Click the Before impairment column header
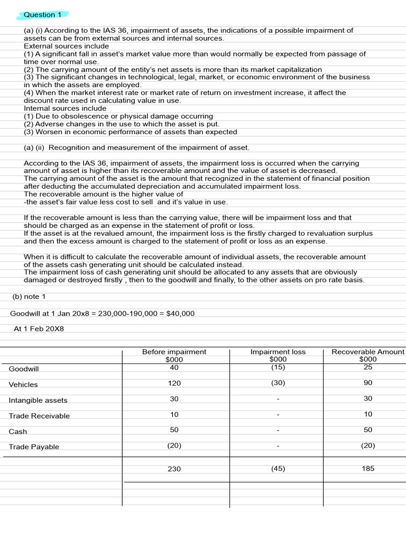pyautogui.click(x=174, y=352)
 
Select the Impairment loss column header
pyautogui.click(x=278, y=352)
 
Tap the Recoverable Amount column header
pyautogui.click(x=367, y=352)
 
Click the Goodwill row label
pyautogui.click(x=24, y=369)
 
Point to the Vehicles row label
pyautogui.click(x=23, y=385)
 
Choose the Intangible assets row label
pyautogui.click(x=38, y=400)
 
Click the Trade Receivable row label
pyautogui.click(x=39, y=416)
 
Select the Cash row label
pyautogui.click(x=18, y=432)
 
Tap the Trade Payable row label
pyautogui.click(x=34, y=447)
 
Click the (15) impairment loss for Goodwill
pyautogui.click(x=278, y=367)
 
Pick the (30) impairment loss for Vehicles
pyautogui.click(x=278, y=383)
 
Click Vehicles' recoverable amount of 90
pyautogui.click(x=368, y=383)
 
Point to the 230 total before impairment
pyautogui.click(x=174, y=469)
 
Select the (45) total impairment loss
pyautogui.click(x=278, y=469)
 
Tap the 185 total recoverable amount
pyautogui.click(x=368, y=469)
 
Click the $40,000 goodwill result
pyautogui.click(x=181, y=314)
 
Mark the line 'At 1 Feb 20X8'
pyautogui.click(x=39, y=329)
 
